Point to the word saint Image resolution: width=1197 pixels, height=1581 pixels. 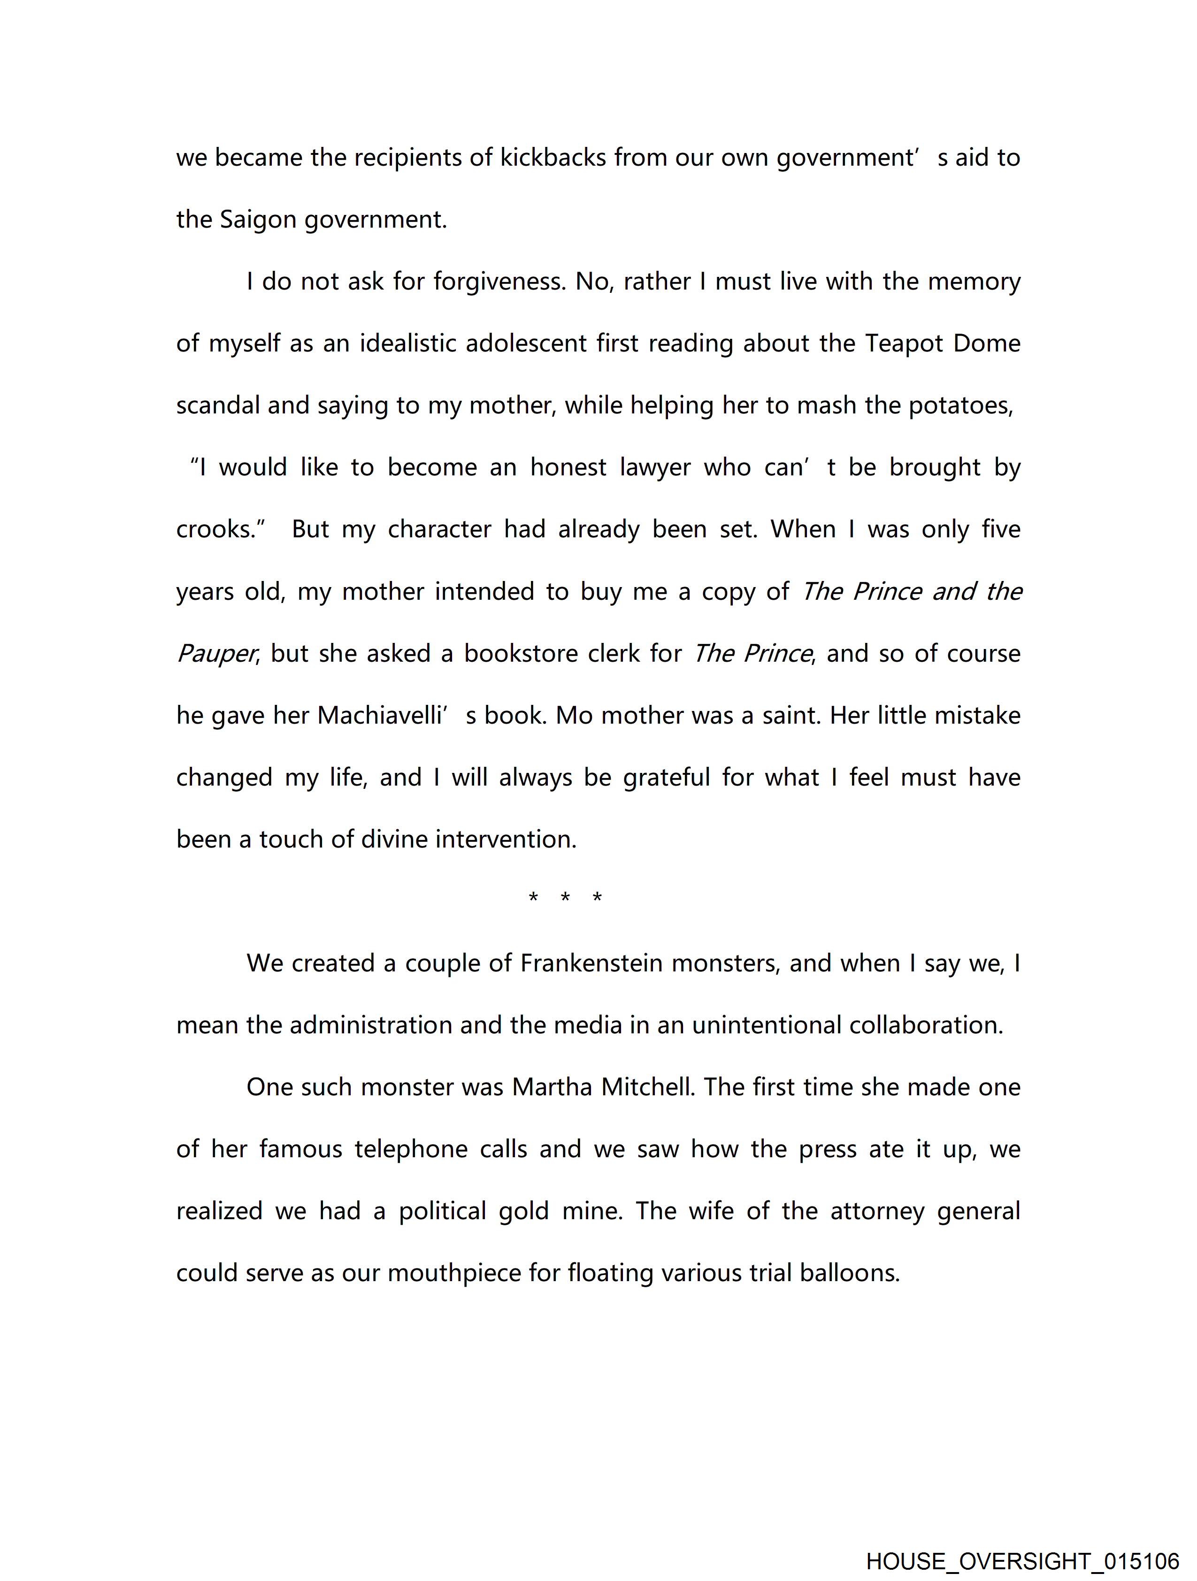[x=790, y=716]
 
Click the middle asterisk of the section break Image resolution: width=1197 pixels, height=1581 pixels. [x=565, y=898]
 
